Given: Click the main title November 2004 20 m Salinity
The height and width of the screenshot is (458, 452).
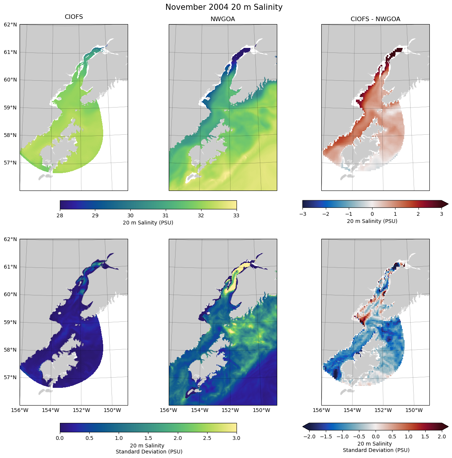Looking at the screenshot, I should [x=224, y=7].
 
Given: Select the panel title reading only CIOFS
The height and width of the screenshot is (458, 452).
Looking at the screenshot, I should [x=74, y=17].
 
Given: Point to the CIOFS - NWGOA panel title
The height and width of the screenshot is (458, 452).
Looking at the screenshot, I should [x=375, y=19].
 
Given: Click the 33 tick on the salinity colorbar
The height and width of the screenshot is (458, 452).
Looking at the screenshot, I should [x=236, y=215].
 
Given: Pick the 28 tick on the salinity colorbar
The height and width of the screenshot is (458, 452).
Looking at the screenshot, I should [x=60, y=215].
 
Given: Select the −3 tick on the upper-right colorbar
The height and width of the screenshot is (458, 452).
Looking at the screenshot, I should [x=302, y=214].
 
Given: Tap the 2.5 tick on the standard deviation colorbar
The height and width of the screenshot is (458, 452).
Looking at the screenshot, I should [x=207, y=438].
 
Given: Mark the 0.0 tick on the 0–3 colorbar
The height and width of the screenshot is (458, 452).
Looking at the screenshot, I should [x=60, y=438].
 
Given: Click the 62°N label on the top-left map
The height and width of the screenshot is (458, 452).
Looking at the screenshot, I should [x=10, y=25].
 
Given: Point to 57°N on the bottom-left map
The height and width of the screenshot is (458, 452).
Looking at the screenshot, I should [x=10, y=377].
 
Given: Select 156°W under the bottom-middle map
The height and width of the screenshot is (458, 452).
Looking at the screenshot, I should [x=169, y=410].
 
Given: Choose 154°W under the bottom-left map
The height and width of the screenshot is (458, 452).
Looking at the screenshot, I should [x=50, y=410].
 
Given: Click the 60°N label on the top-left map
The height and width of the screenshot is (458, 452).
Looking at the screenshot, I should [x=10, y=80].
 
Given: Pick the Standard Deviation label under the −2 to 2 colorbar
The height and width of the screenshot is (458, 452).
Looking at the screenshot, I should [x=376, y=450].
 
